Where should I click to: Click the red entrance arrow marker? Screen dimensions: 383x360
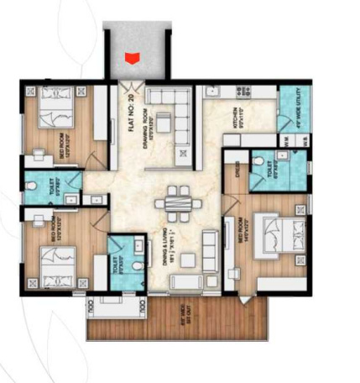coord(130,57)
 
